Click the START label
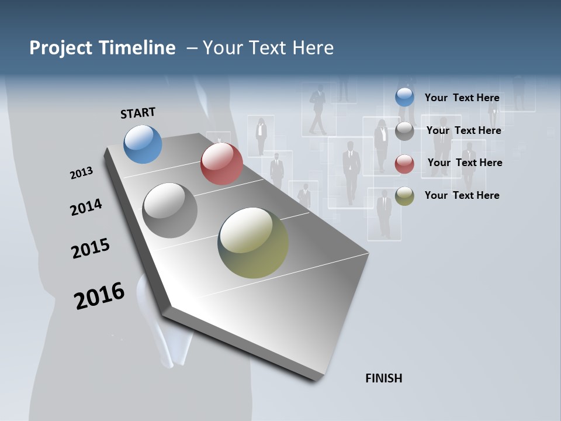(x=138, y=113)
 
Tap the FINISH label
(x=384, y=378)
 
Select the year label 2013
(x=82, y=173)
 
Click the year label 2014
(x=86, y=207)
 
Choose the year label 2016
(x=99, y=295)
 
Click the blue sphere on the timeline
(x=143, y=144)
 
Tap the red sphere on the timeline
(x=221, y=164)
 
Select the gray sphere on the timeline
(x=169, y=210)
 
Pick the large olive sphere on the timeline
(x=253, y=243)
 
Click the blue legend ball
(x=404, y=97)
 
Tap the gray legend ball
(x=404, y=131)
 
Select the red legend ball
(x=404, y=164)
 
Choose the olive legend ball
(x=404, y=196)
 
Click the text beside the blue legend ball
(x=462, y=98)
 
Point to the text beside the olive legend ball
(x=462, y=195)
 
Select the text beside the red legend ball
(x=465, y=163)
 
